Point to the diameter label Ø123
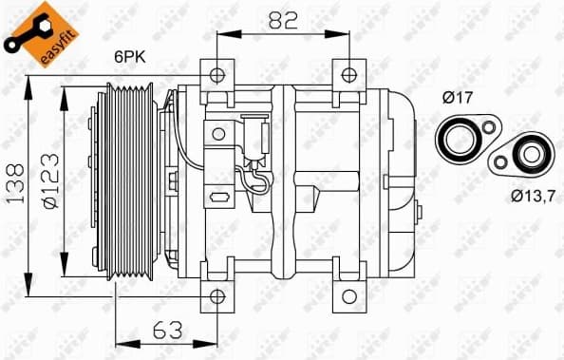[49, 180]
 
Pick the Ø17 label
[461, 97]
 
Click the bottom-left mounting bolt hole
[218, 295]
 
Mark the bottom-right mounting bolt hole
[350, 295]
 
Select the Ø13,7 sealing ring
[525, 155]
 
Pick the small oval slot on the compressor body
[219, 198]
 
